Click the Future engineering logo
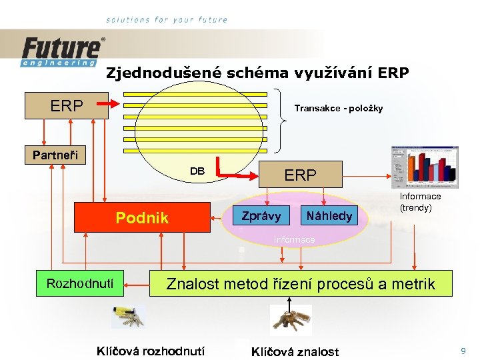63,51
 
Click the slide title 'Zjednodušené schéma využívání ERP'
257,73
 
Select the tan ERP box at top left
67,105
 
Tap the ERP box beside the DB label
301,175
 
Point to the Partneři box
55,155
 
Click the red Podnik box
142,217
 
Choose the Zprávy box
261,216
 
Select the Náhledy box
329,216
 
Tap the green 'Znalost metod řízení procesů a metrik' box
300,284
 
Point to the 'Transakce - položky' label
339,108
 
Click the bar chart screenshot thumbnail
425,166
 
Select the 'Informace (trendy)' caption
420,201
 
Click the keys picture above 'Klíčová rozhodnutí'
127,318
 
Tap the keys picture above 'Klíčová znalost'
291,319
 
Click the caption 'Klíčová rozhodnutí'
151,351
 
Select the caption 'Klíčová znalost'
295,351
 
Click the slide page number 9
462,350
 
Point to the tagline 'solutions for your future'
167,20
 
